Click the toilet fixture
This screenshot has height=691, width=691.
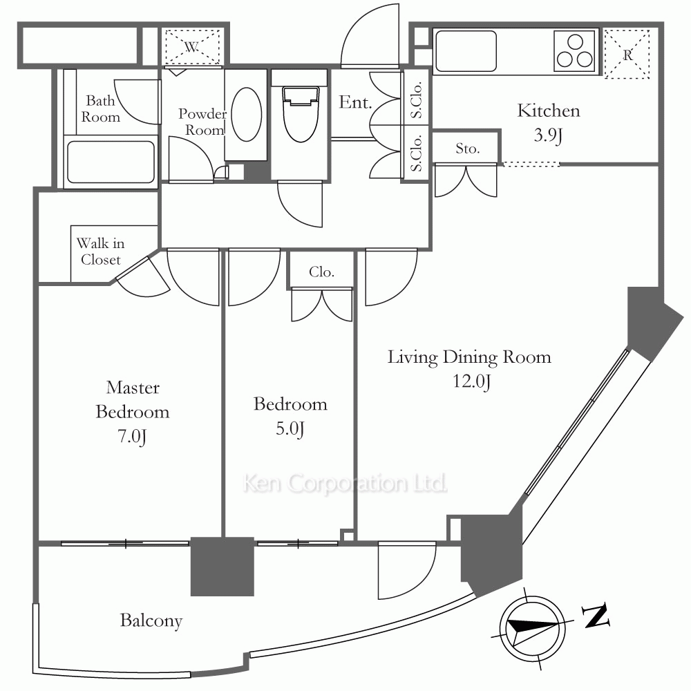point(301,114)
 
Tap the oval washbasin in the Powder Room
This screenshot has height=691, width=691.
point(247,114)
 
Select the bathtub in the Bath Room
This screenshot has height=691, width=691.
point(111,161)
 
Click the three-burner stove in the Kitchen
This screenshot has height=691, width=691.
point(574,51)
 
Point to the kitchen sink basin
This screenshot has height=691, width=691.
point(465,50)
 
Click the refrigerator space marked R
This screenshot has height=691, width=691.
point(627,54)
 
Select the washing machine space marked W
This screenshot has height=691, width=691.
point(191,47)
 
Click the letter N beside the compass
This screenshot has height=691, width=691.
point(596,615)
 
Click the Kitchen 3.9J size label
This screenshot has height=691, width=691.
point(548,135)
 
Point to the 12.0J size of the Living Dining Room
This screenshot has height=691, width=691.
point(471,381)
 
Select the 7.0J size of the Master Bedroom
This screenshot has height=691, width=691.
point(132,436)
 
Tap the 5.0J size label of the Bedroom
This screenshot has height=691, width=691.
point(290,429)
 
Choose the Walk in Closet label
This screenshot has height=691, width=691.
point(100,252)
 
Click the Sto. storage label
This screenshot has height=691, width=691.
point(468,149)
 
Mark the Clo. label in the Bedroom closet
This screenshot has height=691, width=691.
point(322,272)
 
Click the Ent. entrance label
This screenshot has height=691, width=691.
point(355,102)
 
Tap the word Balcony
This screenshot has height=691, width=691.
point(151,621)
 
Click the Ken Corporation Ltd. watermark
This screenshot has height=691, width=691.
point(345,483)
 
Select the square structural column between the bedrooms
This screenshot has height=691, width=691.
point(222,567)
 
